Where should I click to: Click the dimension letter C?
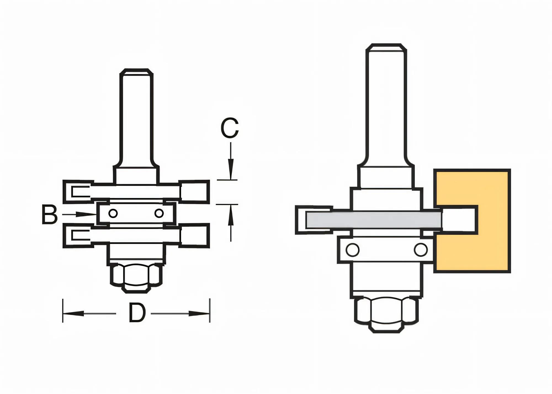pos(230,128)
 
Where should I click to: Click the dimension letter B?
pos(49,214)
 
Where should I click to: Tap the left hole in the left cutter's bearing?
pos(113,213)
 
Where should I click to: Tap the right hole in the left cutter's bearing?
pos(159,213)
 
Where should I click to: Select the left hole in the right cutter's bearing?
pos(352,250)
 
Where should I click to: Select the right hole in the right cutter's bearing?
pos(420,250)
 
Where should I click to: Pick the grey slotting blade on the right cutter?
pos(373,220)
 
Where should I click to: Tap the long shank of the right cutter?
pos(386,105)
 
